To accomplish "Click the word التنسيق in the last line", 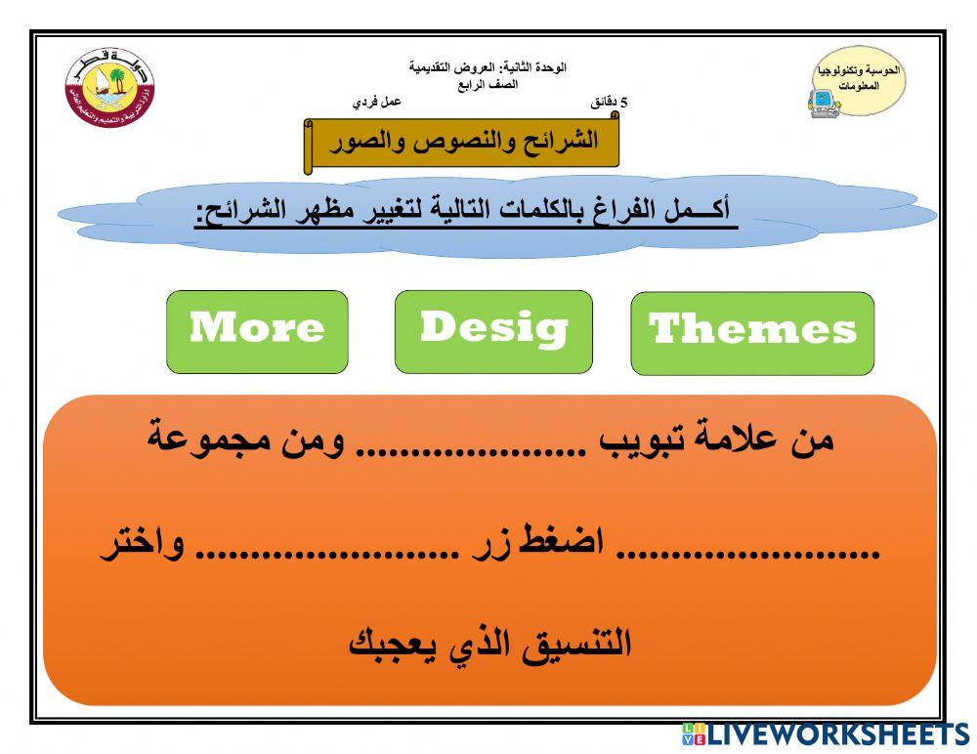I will click(x=576, y=645).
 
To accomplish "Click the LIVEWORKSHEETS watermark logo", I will click(x=826, y=734).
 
